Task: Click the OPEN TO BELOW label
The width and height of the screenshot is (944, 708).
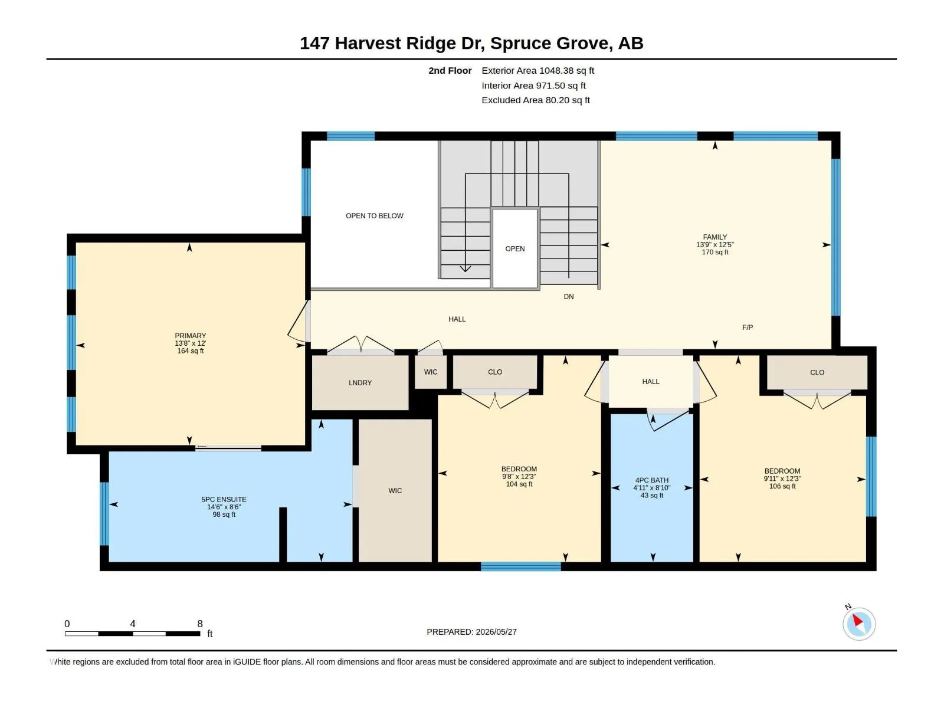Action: point(374,216)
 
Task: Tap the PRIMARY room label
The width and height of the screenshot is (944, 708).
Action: point(190,336)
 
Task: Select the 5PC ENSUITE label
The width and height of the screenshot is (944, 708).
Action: point(224,500)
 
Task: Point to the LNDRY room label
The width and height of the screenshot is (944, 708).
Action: point(360,382)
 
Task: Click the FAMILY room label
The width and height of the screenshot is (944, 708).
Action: point(714,237)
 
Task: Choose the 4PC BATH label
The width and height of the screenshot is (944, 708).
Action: point(651,480)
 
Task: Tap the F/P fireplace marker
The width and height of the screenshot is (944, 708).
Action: point(748,327)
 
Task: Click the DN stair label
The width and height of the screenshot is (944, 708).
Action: point(569,297)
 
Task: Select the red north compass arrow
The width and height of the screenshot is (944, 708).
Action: point(857,620)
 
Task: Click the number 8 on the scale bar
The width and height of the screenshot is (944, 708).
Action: point(200,624)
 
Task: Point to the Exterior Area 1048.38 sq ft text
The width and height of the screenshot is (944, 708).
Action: point(537,70)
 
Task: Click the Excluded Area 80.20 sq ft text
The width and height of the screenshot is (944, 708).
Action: point(536,100)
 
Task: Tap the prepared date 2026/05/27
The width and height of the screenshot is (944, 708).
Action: point(496,632)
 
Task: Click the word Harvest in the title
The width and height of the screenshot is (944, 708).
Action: point(368,44)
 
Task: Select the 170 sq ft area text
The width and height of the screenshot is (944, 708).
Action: point(714,253)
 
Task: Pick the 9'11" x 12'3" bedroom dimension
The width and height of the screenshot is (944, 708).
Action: point(782,479)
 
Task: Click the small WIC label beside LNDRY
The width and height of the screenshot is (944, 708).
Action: point(431,372)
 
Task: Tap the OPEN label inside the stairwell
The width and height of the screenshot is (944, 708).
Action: point(515,249)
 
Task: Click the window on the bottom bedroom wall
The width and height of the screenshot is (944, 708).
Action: point(520,566)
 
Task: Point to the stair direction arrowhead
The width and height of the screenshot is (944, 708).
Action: point(465,269)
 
